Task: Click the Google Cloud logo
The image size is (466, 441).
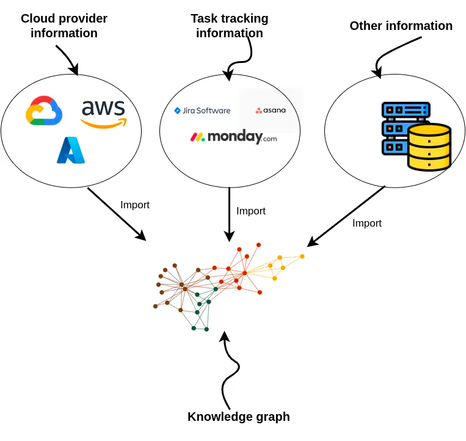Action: pyautogui.click(x=44, y=111)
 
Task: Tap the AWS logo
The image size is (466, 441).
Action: pyautogui.click(x=103, y=114)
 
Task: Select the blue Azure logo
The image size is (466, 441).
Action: pyautogui.click(x=70, y=150)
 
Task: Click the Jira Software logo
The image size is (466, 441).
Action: pyautogui.click(x=202, y=111)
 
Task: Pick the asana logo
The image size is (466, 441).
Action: pyautogui.click(x=271, y=111)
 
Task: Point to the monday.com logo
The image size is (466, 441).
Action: pyautogui.click(x=233, y=137)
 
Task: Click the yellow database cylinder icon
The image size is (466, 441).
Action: pyautogui.click(x=429, y=147)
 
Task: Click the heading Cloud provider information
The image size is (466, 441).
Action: pyautogui.click(x=64, y=26)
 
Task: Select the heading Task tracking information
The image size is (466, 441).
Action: pyautogui.click(x=230, y=26)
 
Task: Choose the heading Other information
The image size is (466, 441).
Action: pyautogui.click(x=401, y=26)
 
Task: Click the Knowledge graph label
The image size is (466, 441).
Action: pyautogui.click(x=238, y=417)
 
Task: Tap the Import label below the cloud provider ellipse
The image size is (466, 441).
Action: pyautogui.click(x=135, y=205)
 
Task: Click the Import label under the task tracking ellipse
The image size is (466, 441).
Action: pyautogui.click(x=251, y=211)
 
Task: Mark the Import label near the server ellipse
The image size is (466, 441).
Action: pyautogui.click(x=367, y=223)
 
